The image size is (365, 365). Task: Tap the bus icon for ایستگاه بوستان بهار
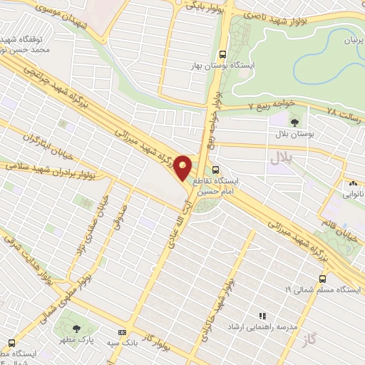(x=223, y=54)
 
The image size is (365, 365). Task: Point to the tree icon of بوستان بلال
(x=296, y=123)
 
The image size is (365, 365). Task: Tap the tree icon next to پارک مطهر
(x=76, y=328)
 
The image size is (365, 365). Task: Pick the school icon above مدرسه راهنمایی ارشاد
(x=262, y=315)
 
